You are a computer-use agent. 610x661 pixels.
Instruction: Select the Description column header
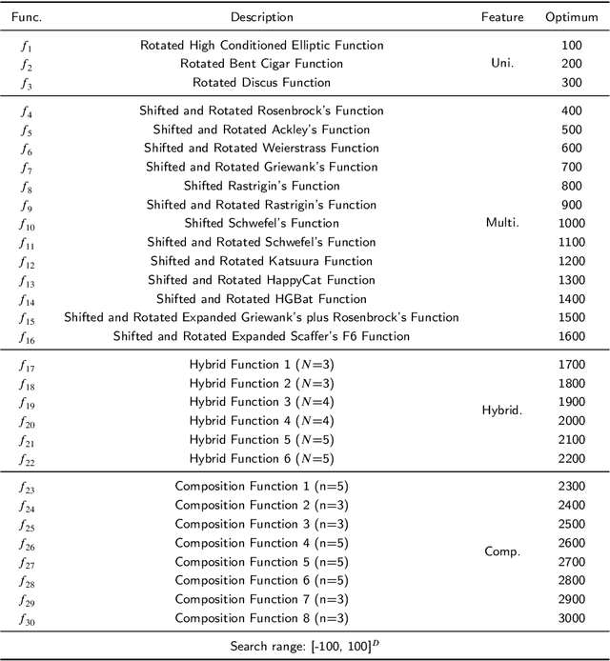click(x=261, y=17)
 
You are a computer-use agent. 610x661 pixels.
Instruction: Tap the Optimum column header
click(x=571, y=17)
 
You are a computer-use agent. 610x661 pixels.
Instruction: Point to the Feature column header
click(x=502, y=17)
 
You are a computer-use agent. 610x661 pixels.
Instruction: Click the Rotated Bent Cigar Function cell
click(x=261, y=64)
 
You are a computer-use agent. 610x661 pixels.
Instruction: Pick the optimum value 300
click(x=571, y=83)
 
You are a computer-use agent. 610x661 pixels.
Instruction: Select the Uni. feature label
click(x=502, y=64)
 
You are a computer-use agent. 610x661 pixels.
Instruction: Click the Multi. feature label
click(x=502, y=224)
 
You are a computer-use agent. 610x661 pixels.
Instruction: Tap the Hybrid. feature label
click(x=502, y=411)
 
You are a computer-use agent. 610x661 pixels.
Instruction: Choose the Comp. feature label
click(x=502, y=551)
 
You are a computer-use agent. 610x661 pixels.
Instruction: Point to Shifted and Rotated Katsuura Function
click(x=261, y=261)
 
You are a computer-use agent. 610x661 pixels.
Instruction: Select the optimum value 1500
click(x=571, y=317)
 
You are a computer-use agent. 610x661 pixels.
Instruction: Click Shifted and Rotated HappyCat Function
click(x=261, y=280)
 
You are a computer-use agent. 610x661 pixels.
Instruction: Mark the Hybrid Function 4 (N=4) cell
click(x=261, y=421)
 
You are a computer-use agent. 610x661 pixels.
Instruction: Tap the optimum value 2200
click(x=571, y=458)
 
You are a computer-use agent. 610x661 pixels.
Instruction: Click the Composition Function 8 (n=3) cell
click(x=261, y=618)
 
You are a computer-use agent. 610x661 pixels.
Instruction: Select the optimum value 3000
click(x=571, y=618)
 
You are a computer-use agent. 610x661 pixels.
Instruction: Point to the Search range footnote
click(x=305, y=647)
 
